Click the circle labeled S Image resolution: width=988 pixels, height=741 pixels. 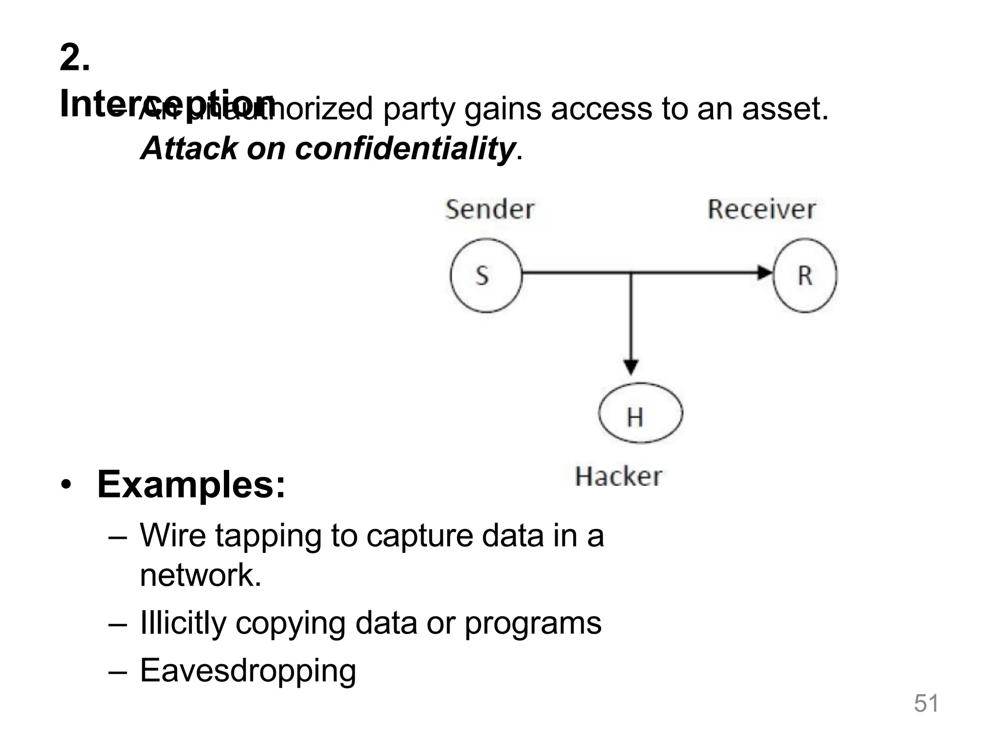coord(486,275)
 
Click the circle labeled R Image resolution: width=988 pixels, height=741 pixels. coord(805,275)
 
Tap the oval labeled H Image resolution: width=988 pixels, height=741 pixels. coord(640,413)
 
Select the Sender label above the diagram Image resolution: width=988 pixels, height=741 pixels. coord(490,210)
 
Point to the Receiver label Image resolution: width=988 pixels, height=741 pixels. coord(761,210)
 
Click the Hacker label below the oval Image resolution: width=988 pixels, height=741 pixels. coord(618,477)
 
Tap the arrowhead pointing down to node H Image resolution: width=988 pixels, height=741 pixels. coord(631,367)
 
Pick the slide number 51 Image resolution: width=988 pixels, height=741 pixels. coord(926,703)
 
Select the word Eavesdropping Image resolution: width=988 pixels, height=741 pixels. coord(248,671)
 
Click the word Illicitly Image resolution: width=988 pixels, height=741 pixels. coord(183,623)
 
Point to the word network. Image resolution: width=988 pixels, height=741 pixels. coord(200,575)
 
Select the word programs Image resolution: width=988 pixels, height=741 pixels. coord(533,623)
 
